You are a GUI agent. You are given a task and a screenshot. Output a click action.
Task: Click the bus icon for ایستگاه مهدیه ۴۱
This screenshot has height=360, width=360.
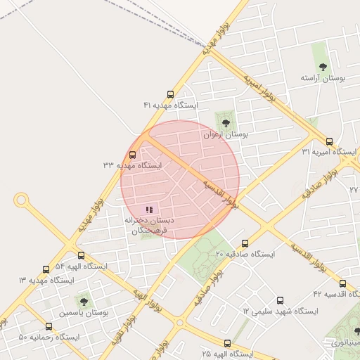pyautogui.click(x=170, y=94)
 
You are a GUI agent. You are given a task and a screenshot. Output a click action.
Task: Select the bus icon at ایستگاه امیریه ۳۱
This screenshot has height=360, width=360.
pyautogui.click(x=331, y=141)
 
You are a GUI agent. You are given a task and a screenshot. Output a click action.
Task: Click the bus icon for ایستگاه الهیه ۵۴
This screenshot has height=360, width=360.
pyautogui.click(x=81, y=256)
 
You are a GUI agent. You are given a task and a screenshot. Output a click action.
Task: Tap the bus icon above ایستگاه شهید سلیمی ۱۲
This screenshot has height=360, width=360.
pyautogui.click(x=281, y=300)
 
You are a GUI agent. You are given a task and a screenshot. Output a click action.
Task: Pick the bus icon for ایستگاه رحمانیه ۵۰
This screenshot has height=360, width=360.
pyautogui.click(x=49, y=327)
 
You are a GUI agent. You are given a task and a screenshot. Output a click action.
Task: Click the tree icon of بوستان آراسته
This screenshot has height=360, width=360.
pyautogui.click(x=323, y=67)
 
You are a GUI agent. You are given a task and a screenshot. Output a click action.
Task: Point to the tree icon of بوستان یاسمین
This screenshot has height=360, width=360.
pyautogui.click(x=84, y=301)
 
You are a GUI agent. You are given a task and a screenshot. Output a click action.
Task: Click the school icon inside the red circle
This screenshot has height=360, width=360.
pyautogui.click(x=148, y=210)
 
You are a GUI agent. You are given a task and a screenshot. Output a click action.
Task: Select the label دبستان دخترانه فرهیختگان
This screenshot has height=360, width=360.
pyautogui.click(x=150, y=225)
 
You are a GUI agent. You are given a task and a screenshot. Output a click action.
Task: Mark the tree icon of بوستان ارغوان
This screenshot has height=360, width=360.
pyautogui.click(x=226, y=123)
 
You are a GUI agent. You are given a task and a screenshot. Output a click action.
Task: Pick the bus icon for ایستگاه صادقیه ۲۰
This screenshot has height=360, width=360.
pyautogui.click(x=244, y=243)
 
